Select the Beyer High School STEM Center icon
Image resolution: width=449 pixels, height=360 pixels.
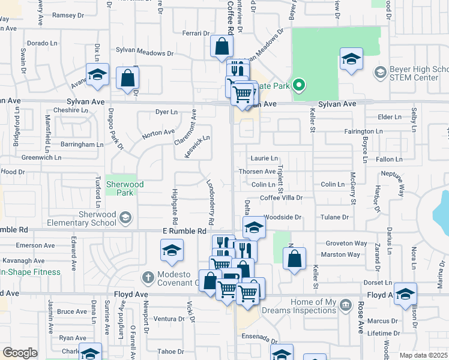(379, 73)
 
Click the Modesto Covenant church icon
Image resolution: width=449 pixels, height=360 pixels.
(148, 278)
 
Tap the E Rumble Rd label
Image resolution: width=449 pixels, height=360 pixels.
(184, 231)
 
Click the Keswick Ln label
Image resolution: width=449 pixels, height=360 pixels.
(197, 146)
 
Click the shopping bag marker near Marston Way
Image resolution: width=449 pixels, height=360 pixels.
(294, 259)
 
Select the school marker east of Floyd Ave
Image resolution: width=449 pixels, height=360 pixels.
(405, 293)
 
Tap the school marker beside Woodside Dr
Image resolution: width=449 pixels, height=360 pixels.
(254, 227)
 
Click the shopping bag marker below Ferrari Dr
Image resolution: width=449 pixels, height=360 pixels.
(221, 46)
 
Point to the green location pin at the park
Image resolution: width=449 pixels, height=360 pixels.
(298, 85)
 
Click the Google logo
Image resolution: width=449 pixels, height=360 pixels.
(20, 352)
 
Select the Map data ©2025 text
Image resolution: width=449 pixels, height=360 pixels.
(423, 355)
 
